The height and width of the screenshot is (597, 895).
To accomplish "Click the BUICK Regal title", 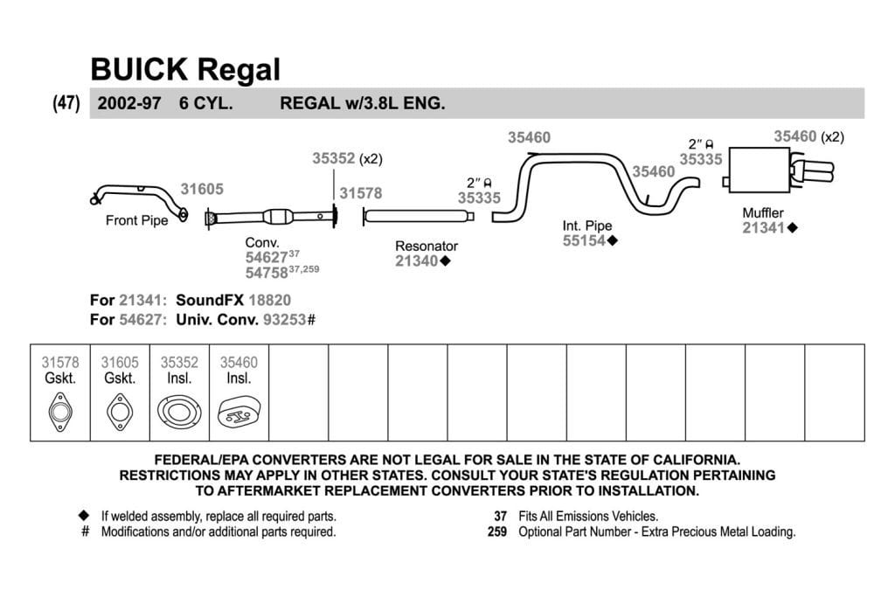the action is click(x=185, y=70).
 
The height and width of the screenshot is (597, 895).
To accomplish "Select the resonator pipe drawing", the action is click(x=419, y=216).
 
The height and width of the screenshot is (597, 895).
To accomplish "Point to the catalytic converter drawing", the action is click(x=272, y=218).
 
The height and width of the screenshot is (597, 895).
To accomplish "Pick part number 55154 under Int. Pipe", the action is click(x=584, y=241).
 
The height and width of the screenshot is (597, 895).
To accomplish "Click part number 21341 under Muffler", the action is click(x=764, y=228).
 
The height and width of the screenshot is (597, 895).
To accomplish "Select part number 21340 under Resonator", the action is click(x=417, y=260).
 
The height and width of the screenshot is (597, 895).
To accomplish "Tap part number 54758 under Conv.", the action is click(x=267, y=273).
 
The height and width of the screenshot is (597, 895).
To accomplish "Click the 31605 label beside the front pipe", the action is click(x=202, y=189).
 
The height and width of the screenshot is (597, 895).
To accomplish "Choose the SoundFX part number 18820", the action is click(x=269, y=300).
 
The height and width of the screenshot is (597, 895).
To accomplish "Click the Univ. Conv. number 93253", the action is click(x=284, y=320).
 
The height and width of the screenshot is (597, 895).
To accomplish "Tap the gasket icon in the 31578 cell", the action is click(x=60, y=412).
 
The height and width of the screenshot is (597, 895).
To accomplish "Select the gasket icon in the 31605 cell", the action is click(x=120, y=412).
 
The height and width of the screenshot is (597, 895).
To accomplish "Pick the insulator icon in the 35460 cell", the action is click(x=239, y=413).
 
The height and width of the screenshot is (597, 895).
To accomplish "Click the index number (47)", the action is click(x=66, y=103).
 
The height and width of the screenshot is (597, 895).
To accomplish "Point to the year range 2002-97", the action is click(x=129, y=103).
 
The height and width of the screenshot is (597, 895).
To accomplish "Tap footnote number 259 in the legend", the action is click(x=497, y=532).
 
